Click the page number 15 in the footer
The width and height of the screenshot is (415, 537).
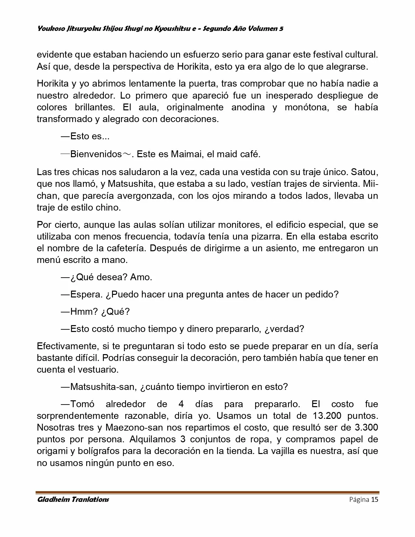click(375, 500)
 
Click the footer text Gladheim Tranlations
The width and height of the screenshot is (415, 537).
click(73, 500)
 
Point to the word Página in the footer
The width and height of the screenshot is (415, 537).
click(359, 500)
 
